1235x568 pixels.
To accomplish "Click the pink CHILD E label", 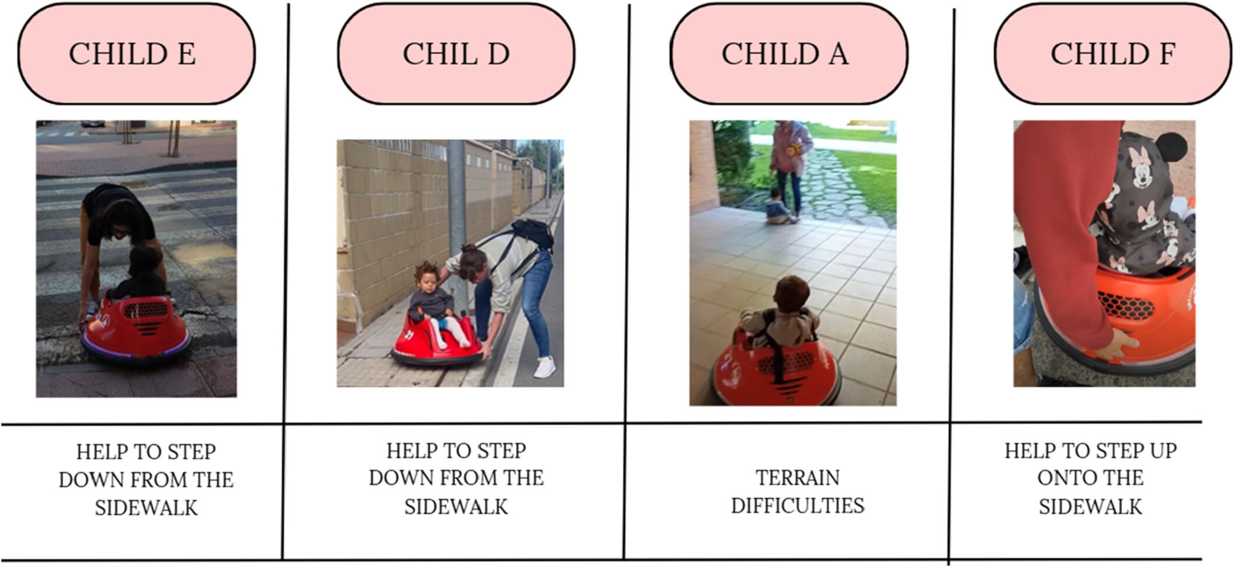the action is click(136, 54).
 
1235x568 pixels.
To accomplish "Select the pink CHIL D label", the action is click(456, 54).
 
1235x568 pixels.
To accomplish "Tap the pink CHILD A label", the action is click(788, 54).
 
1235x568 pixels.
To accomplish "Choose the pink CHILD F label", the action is click(1113, 54).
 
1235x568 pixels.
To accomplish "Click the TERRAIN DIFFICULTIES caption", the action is click(798, 492).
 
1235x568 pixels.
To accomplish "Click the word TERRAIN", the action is click(798, 478).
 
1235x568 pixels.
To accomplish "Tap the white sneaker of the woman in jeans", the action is click(545, 367).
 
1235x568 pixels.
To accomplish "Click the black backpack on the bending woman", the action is click(533, 233).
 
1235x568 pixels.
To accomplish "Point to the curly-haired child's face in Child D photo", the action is click(429, 281).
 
